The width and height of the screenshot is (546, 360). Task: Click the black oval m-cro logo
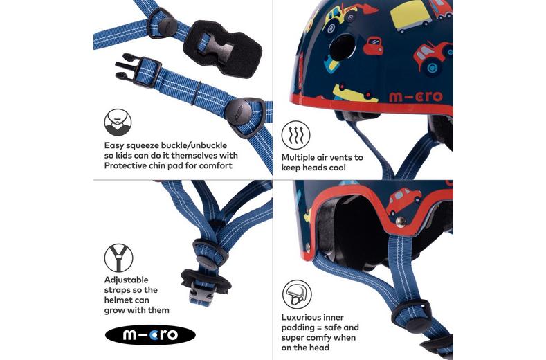tap(150, 335)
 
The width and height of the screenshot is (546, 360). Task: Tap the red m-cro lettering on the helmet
tap(415, 96)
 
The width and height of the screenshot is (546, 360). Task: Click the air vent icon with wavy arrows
tap(295, 135)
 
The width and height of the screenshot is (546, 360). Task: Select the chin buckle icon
tap(118, 123)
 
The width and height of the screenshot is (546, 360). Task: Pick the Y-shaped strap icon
tap(118, 258)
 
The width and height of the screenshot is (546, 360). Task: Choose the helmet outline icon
tap(296, 294)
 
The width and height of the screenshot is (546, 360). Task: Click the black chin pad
tap(223, 48)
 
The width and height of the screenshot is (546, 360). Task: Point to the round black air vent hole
tap(342, 47)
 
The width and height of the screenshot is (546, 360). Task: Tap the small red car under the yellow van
tap(373, 45)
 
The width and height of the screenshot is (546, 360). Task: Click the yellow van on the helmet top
tap(411, 16)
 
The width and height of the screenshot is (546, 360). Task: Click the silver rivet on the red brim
tap(401, 222)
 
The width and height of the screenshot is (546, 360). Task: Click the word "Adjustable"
tap(126, 280)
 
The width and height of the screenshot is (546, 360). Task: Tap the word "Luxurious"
tap(302, 317)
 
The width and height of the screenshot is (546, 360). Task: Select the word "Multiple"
tap(298, 158)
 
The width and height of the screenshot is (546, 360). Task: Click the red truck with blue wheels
tap(433, 57)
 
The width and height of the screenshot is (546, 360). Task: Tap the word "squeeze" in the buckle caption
tap(143, 146)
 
